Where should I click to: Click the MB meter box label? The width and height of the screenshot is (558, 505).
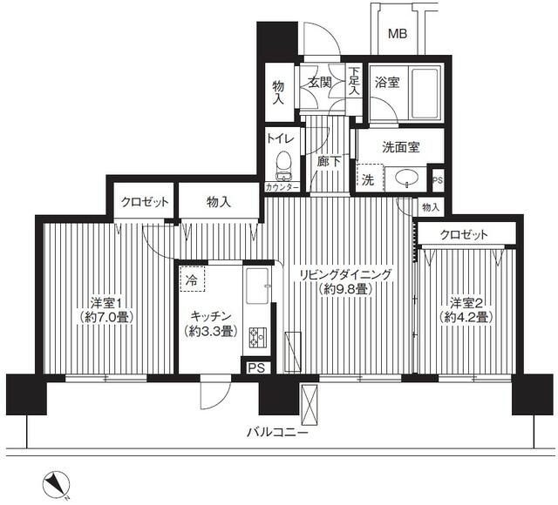398,34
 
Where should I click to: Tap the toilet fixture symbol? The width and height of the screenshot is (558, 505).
283,166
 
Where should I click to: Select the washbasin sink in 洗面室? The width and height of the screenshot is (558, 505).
406,177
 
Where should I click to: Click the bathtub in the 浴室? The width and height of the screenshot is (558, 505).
425,93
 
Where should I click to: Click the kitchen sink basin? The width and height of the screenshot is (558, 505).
257,286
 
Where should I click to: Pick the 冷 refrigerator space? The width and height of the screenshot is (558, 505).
192,279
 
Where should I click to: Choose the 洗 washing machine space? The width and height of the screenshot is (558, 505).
370,178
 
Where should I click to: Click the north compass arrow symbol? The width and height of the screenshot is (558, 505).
56,483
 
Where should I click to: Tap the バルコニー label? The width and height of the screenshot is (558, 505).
277,433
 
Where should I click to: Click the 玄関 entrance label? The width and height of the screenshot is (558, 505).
320,83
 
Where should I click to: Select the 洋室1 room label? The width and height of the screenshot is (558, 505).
106,303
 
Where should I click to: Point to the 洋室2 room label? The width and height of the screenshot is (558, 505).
466,303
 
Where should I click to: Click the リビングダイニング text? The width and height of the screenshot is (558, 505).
345,275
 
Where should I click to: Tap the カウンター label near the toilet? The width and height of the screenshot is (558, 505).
282,187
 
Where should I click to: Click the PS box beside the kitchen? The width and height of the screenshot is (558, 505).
256,367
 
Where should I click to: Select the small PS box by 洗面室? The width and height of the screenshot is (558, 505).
438,180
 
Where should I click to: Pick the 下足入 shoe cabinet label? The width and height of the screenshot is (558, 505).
354,82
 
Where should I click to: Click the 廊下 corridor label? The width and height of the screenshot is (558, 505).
329,162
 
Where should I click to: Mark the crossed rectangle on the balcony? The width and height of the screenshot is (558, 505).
309,404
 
